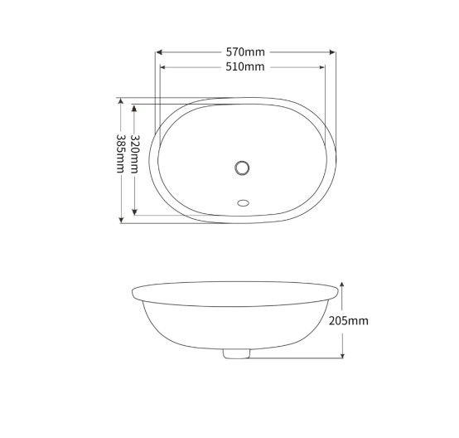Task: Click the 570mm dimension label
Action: (245, 51)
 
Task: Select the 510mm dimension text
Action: (245, 67)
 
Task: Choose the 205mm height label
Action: (348, 320)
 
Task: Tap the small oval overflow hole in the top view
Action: (243, 200)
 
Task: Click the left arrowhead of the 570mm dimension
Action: (159, 51)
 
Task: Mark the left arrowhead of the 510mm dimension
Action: (162, 67)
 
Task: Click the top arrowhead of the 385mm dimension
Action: (122, 101)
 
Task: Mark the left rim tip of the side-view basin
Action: (133, 293)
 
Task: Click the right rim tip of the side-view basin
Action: (340, 293)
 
